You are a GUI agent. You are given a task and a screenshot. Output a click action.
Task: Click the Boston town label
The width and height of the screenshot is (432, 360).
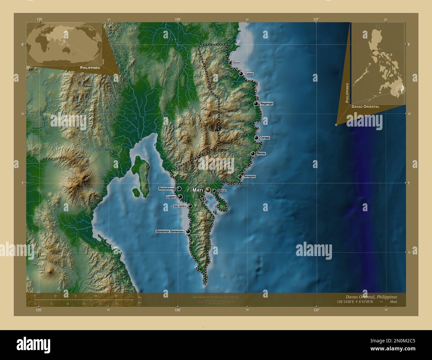[237, 62]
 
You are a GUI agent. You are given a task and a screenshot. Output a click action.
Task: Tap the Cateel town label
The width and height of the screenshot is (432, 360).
[249, 74]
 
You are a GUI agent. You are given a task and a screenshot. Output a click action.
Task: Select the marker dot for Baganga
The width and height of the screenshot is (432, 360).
[256, 104]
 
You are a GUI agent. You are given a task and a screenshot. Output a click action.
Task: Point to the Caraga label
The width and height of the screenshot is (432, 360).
[265, 137]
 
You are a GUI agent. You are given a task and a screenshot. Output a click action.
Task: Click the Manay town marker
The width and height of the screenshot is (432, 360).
[253, 153]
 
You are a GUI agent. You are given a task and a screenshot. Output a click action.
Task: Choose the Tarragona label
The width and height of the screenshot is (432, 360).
[249, 176]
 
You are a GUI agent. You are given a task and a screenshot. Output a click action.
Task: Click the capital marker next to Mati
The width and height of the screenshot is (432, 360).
[208, 190]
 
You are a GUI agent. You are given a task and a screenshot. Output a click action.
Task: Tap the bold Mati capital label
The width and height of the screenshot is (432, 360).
[198, 190]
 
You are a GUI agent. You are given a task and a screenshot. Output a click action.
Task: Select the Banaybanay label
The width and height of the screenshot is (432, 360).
[167, 189]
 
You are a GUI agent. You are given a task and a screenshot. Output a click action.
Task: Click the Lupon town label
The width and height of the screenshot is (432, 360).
[171, 197]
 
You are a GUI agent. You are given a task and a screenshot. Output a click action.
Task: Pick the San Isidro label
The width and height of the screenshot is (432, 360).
[180, 206]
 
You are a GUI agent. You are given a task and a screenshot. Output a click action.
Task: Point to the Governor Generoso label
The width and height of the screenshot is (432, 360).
[170, 231]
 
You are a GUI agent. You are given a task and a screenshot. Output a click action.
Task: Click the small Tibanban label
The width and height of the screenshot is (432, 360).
[196, 235]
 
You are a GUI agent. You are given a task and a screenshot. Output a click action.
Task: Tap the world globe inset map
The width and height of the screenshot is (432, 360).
[64, 44]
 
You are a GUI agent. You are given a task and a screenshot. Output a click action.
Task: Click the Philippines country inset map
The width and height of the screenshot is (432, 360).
[378, 63]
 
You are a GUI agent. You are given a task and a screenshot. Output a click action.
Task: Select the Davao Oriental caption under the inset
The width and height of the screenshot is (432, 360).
[363, 107]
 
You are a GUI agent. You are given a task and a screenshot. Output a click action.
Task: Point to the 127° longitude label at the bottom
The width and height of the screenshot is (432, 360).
[316, 310]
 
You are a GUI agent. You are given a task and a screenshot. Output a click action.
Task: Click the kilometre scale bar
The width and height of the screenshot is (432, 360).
[85, 299]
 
